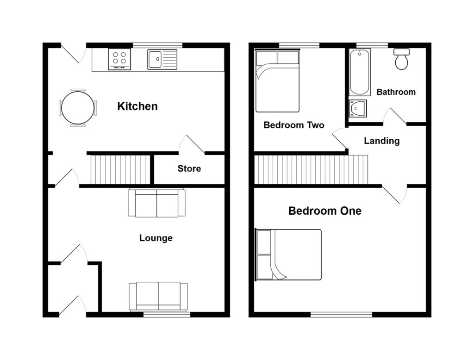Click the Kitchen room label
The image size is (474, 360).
tap(137, 106)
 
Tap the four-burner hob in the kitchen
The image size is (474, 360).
tap(120, 59)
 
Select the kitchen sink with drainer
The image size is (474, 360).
tap(162, 59)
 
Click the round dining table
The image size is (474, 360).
tap(78, 108)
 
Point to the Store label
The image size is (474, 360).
tap(189, 168)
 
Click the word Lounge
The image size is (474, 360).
tap(156, 238)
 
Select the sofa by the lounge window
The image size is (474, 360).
tap(158, 296)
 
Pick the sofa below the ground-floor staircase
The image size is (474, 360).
tap(156, 203)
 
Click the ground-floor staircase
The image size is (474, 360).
tap(120, 169)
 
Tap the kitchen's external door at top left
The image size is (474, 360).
tap(73, 54)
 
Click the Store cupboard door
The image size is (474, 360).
tap(193, 144)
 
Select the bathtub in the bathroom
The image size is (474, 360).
tap(360, 72)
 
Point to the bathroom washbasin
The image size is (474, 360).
tap(357, 109)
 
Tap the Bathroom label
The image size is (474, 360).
tap(396, 92)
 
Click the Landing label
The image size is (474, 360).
tap(381, 141)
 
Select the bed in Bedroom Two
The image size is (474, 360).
tap(277, 81)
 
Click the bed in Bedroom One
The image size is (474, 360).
tap(288, 254)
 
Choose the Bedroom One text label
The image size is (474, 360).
tap(324, 211)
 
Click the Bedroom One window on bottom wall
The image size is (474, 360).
tap(341, 314)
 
